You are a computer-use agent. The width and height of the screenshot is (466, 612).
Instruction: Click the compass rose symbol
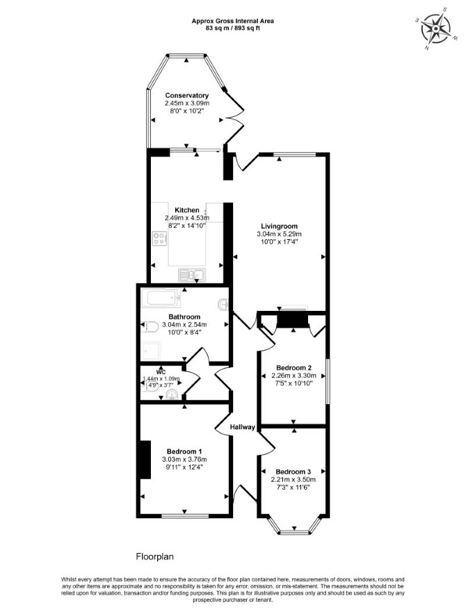tap(435, 28)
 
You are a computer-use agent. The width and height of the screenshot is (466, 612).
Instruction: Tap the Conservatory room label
tap(187, 96)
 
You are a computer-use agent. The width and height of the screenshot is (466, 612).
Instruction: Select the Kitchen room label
tap(187, 210)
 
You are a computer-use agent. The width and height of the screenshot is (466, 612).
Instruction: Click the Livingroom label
tap(279, 226)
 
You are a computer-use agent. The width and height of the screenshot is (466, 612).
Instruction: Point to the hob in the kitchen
tap(159, 238)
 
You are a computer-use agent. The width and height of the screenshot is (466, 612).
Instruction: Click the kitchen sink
tap(191, 275)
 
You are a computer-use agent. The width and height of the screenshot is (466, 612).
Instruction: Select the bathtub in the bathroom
tap(161, 298)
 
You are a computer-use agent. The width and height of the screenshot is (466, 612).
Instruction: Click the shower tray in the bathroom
tap(151, 351)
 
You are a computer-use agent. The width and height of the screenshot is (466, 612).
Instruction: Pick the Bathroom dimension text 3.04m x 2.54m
tap(184, 325)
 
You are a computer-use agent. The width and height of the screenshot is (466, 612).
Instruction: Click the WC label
tap(161, 372)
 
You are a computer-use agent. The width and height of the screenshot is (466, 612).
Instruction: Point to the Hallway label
tap(242, 427)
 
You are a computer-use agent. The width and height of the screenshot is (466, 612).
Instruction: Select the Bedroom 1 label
tap(184, 451)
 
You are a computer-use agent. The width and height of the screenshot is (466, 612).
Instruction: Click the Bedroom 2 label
tap(294, 368)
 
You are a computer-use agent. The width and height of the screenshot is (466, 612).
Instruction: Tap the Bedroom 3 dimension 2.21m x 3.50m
tap(293, 480)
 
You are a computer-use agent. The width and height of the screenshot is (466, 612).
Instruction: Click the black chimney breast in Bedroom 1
tap(145, 460)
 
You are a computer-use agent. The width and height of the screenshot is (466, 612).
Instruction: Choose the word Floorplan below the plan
tap(154, 556)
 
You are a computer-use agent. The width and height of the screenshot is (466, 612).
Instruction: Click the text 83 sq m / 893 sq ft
tap(232, 28)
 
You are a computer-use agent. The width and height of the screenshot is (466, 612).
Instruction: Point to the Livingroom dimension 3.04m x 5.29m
tap(279, 234)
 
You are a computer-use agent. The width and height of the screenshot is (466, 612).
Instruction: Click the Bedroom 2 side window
tap(328, 381)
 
